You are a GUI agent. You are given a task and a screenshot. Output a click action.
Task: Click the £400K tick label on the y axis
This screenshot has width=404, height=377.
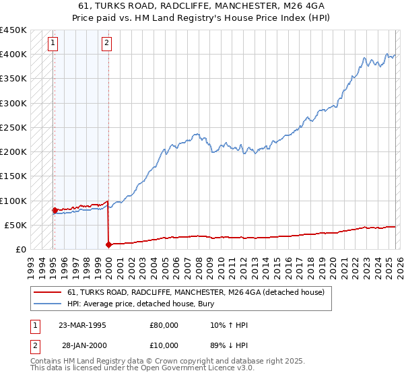pos(13,55)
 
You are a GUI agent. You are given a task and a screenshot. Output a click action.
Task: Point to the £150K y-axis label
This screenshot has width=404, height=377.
pos(13,176)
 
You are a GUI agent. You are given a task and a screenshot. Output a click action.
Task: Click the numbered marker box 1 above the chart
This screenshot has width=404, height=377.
pos(53,44)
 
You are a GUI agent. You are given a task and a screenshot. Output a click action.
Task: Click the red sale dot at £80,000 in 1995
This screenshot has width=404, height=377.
pos(55,210)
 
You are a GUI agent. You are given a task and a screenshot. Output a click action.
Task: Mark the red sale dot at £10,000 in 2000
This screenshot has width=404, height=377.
pos(108,244)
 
